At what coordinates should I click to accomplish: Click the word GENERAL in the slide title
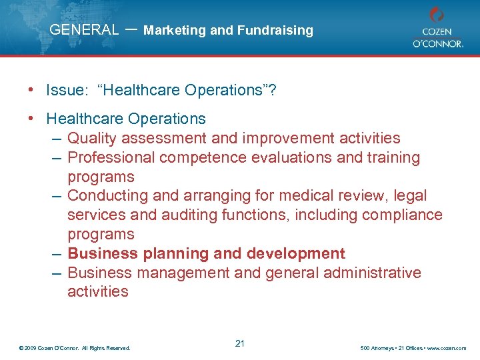[x=84, y=30]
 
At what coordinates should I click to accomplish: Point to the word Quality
[x=93, y=139]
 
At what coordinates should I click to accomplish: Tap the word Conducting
[x=109, y=196]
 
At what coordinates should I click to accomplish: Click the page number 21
[x=240, y=343]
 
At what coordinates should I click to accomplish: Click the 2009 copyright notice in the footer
[x=75, y=347]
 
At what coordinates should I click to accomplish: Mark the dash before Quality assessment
[x=57, y=139]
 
